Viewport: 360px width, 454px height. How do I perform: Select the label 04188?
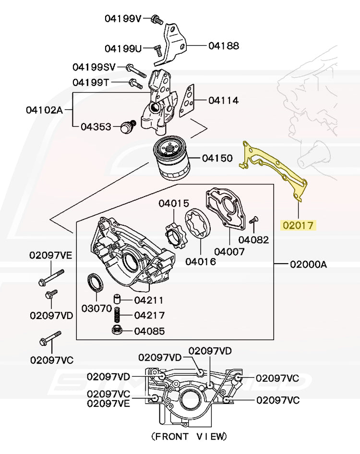coord(224,46)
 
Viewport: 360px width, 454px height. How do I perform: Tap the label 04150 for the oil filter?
coord(217,158)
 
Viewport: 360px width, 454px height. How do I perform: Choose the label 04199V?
coord(123,19)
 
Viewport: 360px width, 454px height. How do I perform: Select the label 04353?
coord(96,127)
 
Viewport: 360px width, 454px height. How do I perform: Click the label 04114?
coord(224,101)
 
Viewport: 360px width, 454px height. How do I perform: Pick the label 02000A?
coord(308,264)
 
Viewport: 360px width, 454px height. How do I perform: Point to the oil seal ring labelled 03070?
coord(94,283)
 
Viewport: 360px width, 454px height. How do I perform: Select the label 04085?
coord(149,331)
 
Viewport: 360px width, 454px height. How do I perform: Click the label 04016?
coord(201,262)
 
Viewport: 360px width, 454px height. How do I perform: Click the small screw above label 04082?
coord(254,220)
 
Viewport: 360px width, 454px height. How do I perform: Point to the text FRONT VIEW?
coord(189,437)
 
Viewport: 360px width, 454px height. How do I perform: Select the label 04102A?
coord(44,110)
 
